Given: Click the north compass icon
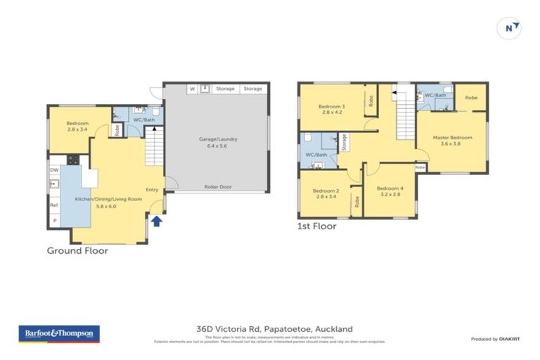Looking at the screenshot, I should click(511, 27).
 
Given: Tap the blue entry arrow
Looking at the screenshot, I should click(156, 221).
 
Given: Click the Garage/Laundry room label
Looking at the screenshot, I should click(218, 143).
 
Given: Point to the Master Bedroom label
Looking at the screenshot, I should click(452, 141).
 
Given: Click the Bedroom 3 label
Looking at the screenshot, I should click(331, 108).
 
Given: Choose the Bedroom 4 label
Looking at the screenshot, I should click(390, 191).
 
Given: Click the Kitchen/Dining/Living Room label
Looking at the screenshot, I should click(108, 202).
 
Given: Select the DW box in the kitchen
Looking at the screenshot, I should click(54, 169).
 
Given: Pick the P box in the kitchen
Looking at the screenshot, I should click(54, 221).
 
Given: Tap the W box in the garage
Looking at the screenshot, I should click(191, 89).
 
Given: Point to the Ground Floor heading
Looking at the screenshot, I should click(77, 250).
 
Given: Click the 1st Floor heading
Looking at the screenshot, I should click(316, 226).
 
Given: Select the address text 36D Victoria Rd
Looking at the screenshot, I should click(274, 328).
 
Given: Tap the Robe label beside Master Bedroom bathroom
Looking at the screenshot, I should click(471, 97).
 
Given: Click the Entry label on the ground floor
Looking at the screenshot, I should click(152, 189).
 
